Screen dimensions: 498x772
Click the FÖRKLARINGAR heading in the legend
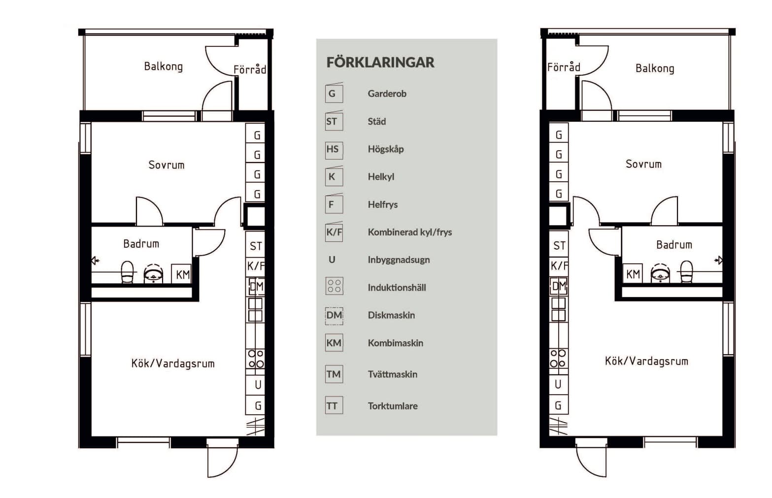[x=380, y=63]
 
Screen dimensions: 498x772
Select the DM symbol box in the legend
[x=334, y=315]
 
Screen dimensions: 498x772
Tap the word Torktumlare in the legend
[x=393, y=406]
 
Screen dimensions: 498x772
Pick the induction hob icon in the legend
[x=334, y=286]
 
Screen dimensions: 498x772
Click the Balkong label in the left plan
[x=163, y=66]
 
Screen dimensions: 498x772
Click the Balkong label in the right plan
[x=654, y=68]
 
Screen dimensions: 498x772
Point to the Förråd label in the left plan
[x=250, y=69]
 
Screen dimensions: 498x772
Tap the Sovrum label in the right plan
[x=643, y=164]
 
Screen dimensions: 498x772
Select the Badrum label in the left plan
[x=141, y=244]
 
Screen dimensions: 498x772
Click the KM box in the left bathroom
[x=182, y=274]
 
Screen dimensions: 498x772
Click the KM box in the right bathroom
[x=633, y=274]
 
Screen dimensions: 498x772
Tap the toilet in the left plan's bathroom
[x=127, y=272]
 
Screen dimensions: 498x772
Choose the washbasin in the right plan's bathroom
[x=660, y=273]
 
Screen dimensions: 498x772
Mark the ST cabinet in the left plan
[x=256, y=246]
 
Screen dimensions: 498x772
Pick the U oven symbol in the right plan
[x=558, y=384]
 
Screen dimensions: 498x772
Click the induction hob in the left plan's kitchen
[x=256, y=359]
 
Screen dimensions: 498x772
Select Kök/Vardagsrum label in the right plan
[x=646, y=361]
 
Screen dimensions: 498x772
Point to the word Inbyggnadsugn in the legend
[x=399, y=260]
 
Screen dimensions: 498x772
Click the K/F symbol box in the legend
[x=334, y=232]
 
